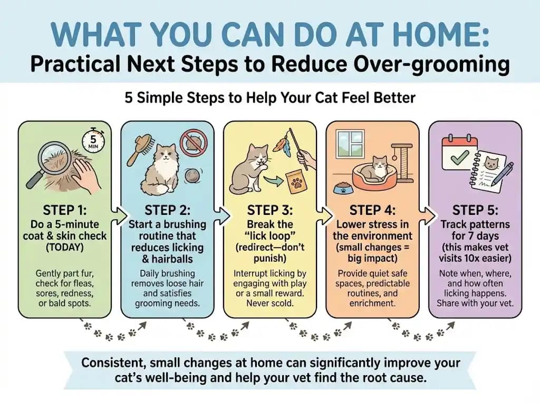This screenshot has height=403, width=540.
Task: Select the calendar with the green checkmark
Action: pyautogui.click(x=458, y=153)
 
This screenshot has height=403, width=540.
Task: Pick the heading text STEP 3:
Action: pyautogui.click(x=269, y=210)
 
